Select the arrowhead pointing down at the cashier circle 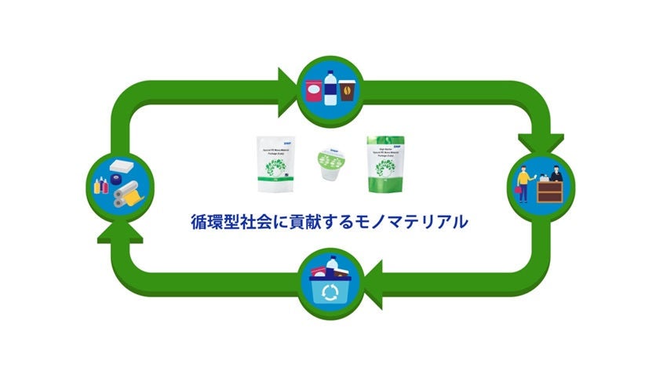pos(541,142)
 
